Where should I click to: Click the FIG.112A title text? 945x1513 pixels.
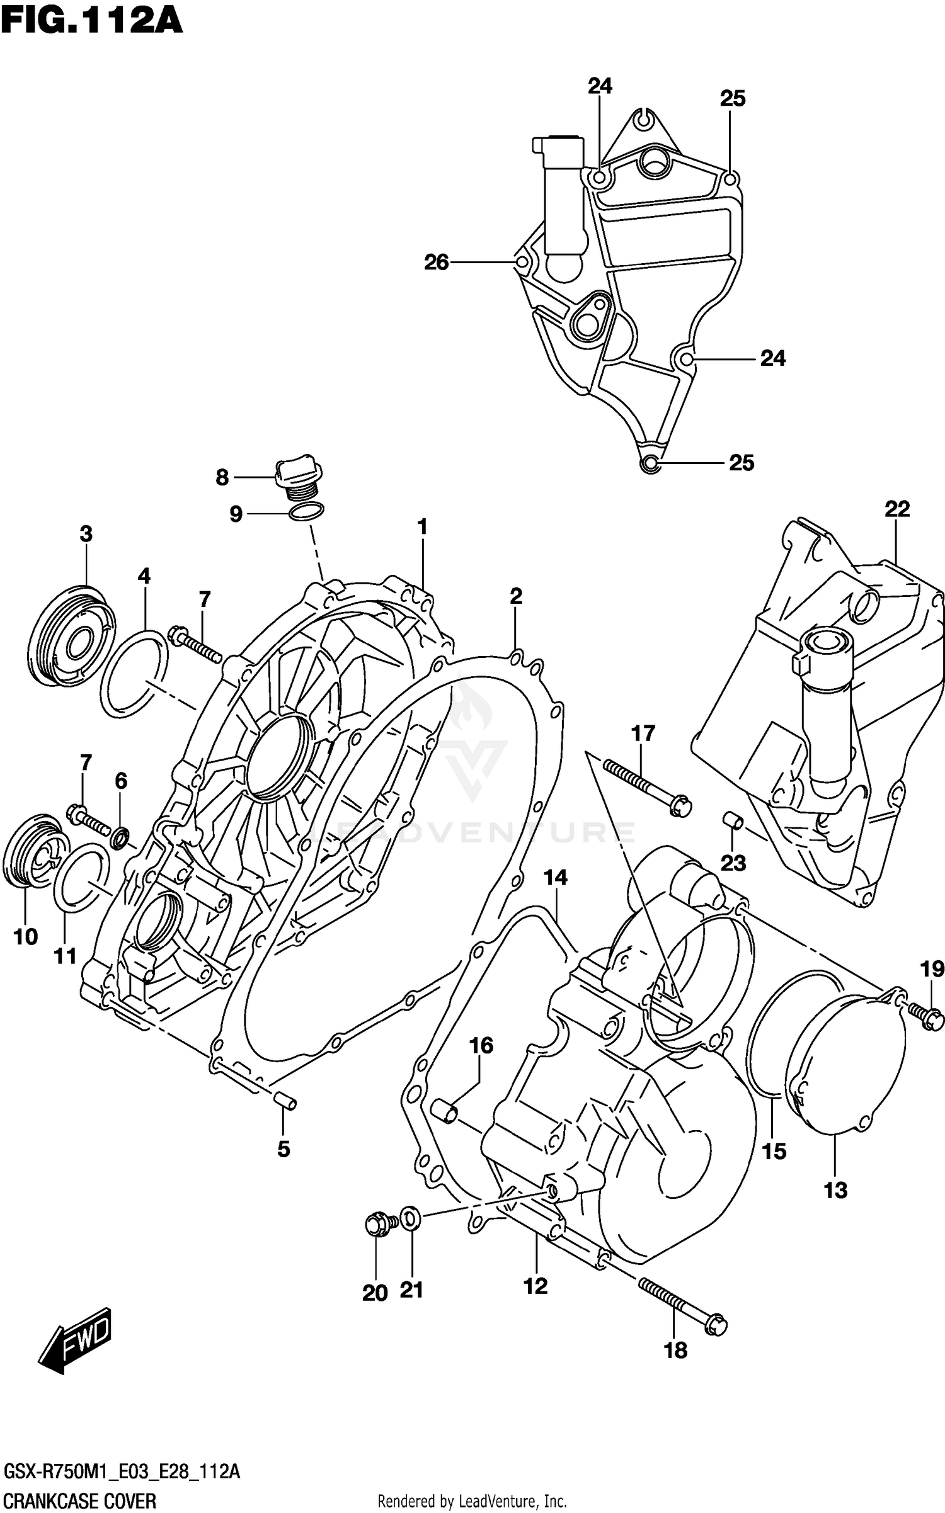coord(92,21)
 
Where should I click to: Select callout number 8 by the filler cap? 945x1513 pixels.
coord(222,478)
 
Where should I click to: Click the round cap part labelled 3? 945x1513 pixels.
coord(72,637)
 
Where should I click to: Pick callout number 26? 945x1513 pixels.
coord(436,262)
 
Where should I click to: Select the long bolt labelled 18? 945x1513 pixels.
coord(682,1304)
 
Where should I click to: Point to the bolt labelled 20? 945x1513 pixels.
coord(378,1223)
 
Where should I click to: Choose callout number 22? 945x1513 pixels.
coord(897,509)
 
